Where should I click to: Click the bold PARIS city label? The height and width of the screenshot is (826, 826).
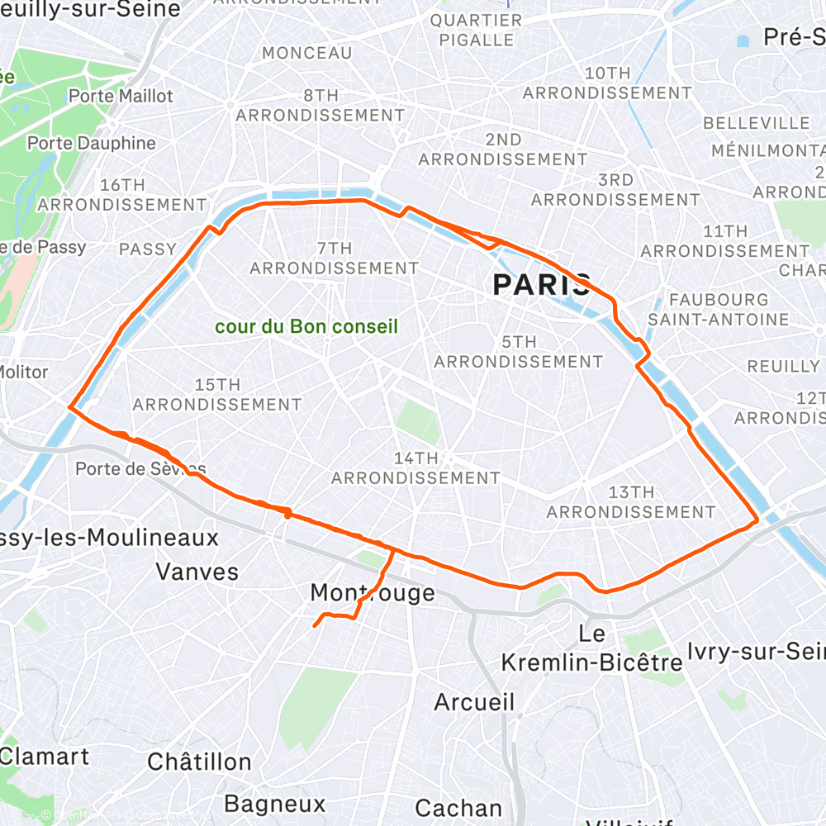[x=542, y=285]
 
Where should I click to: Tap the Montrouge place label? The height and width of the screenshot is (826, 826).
[x=373, y=592]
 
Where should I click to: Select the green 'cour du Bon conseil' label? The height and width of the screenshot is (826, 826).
[x=306, y=326]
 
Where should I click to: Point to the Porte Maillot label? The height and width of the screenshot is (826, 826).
[x=121, y=96]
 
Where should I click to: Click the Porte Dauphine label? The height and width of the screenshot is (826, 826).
[x=91, y=143]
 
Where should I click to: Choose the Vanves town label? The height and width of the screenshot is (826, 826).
[x=197, y=571]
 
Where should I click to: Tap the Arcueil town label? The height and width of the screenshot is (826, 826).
[x=474, y=702]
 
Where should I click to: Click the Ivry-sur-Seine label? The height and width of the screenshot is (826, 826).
[x=756, y=652]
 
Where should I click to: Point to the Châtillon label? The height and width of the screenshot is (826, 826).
[x=199, y=761]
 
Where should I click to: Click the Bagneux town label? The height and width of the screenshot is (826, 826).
[x=275, y=803]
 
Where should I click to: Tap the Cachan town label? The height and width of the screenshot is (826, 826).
[x=458, y=807]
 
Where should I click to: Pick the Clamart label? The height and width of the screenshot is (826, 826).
[x=45, y=755]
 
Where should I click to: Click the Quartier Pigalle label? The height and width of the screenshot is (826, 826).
[x=476, y=30]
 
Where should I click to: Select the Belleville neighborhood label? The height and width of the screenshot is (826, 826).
[x=757, y=123]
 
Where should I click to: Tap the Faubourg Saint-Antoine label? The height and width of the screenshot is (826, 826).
[x=719, y=309]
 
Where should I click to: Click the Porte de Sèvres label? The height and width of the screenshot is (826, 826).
[x=140, y=468]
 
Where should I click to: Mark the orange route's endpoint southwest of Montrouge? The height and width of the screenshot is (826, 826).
[x=315, y=626]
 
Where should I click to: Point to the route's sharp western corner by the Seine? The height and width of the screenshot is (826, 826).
[x=69, y=407]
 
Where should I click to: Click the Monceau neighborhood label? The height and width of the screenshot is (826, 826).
[x=307, y=53]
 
